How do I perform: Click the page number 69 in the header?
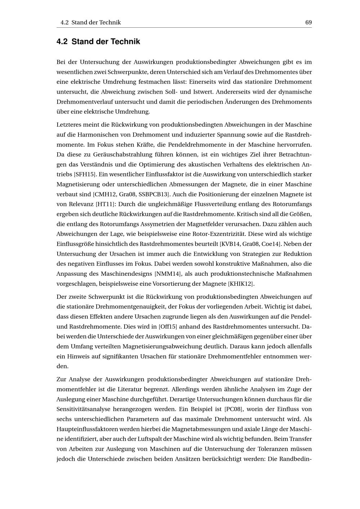pyautogui.click(x=308, y=22)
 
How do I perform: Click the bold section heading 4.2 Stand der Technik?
pyautogui.click(x=98, y=42)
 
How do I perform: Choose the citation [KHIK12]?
pyautogui.click(x=241, y=284)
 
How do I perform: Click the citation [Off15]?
pyautogui.click(x=168, y=327)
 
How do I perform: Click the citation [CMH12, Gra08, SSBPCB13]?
pyautogui.click(x=131, y=194)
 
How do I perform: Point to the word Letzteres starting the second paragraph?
pyautogui.click(x=69, y=125)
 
